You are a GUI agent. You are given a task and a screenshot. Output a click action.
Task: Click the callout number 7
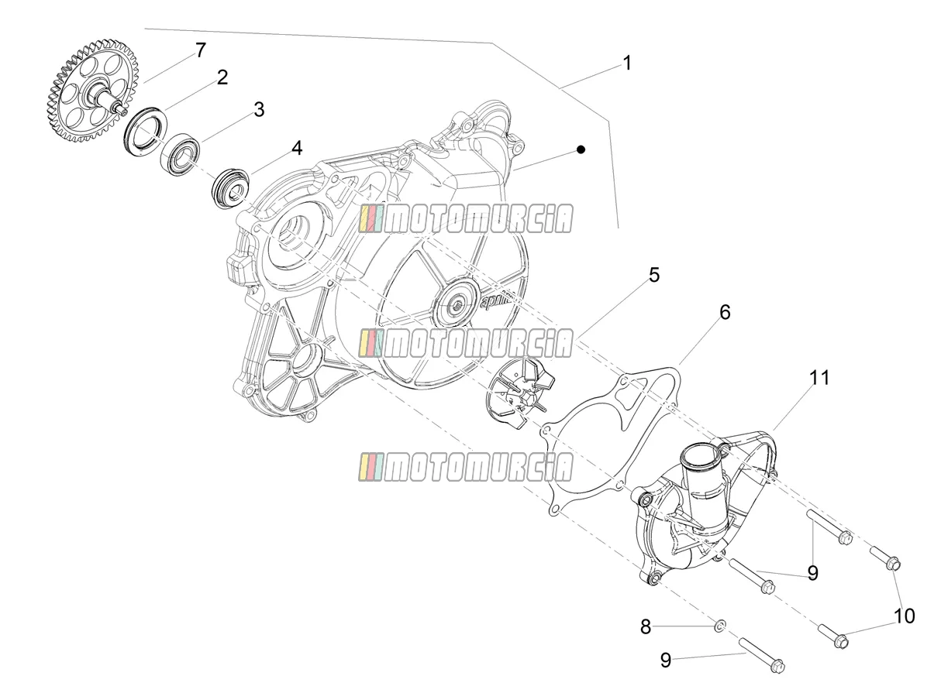pyautogui.click(x=201, y=50)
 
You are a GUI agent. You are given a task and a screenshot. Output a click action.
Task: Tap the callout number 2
pyautogui.click(x=222, y=77)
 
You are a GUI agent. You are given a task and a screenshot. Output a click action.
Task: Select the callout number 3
pyautogui.click(x=259, y=109)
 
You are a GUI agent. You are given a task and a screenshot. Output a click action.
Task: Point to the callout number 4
pyautogui.click(x=297, y=147)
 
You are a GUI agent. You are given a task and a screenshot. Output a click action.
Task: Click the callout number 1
pyautogui.click(x=627, y=63)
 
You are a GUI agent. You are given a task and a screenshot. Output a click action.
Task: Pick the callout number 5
pyautogui.click(x=654, y=275)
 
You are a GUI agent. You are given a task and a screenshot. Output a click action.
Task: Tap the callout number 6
pyautogui.click(x=725, y=312)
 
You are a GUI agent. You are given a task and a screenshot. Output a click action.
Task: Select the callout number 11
pyautogui.click(x=819, y=377)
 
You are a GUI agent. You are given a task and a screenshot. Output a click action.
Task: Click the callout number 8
pyautogui.click(x=646, y=626)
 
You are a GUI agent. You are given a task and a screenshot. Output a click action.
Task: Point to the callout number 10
pyautogui.click(x=905, y=616)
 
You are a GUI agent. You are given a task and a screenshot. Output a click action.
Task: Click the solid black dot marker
pyautogui.click(x=581, y=149)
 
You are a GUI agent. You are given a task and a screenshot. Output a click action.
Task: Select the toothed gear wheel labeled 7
pyautogui.click(x=91, y=90)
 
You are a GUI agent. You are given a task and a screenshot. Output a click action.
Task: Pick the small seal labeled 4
pyautogui.click(x=230, y=187)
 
